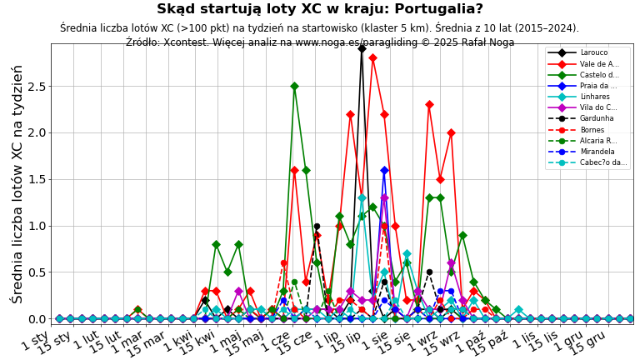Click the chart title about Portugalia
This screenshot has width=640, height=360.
pos(320,9)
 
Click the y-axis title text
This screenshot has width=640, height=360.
pos(17,183)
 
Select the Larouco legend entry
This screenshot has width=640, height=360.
pos(594,52)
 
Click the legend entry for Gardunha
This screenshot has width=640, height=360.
pos(597,118)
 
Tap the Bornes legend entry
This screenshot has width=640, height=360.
pos(592,129)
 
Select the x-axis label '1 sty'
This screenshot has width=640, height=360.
pos(35,340)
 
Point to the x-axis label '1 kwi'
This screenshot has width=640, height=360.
pos(178,340)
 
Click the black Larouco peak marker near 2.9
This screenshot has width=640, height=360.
pos(362,48)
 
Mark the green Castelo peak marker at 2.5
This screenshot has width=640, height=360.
pos(294,86)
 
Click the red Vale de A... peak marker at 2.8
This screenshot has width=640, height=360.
pos(372,57)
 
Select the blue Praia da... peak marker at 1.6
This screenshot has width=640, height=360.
pos(384,170)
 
